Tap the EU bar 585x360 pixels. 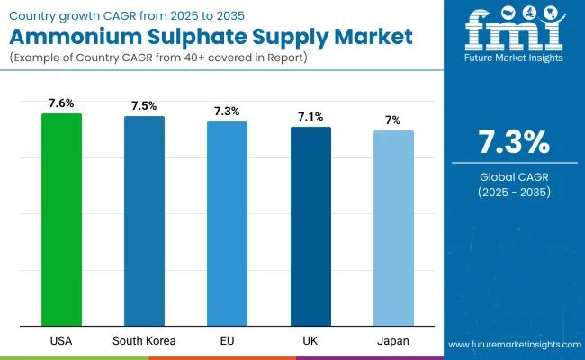228,223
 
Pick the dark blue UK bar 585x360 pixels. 310,226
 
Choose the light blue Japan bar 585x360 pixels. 393,228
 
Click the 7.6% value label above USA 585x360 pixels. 61,103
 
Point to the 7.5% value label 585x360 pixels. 144,106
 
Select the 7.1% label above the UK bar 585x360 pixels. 310,117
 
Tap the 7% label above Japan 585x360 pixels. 393,121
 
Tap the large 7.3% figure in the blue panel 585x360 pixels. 511,143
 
